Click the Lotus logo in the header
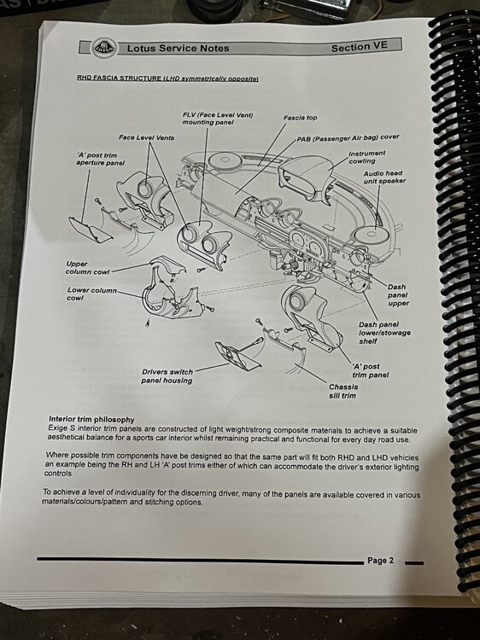pyautogui.click(x=103, y=48)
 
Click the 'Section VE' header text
pyautogui.click(x=359, y=47)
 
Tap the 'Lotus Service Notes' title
pyautogui.click(x=179, y=48)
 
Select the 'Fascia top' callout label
pyautogui.click(x=301, y=118)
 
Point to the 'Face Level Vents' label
pyautogui.click(x=146, y=137)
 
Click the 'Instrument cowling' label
pyautogui.click(x=366, y=157)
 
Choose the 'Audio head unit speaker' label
pyautogui.click(x=384, y=177)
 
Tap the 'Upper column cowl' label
pyautogui.click(x=87, y=268)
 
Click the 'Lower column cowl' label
pyautogui.click(x=91, y=294)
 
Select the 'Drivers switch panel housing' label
pyautogui.click(x=167, y=376)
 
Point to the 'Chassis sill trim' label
pyautogui.click(x=343, y=391)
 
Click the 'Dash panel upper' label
pyautogui.click(x=398, y=295)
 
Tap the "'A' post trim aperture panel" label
pyautogui.click(x=100, y=160)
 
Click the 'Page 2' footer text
pyautogui.click(x=380, y=561)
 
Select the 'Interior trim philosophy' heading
pyautogui.click(x=91, y=419)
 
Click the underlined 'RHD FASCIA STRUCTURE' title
pyautogui.click(x=120, y=78)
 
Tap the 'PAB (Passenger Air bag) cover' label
pyautogui.click(x=348, y=138)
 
